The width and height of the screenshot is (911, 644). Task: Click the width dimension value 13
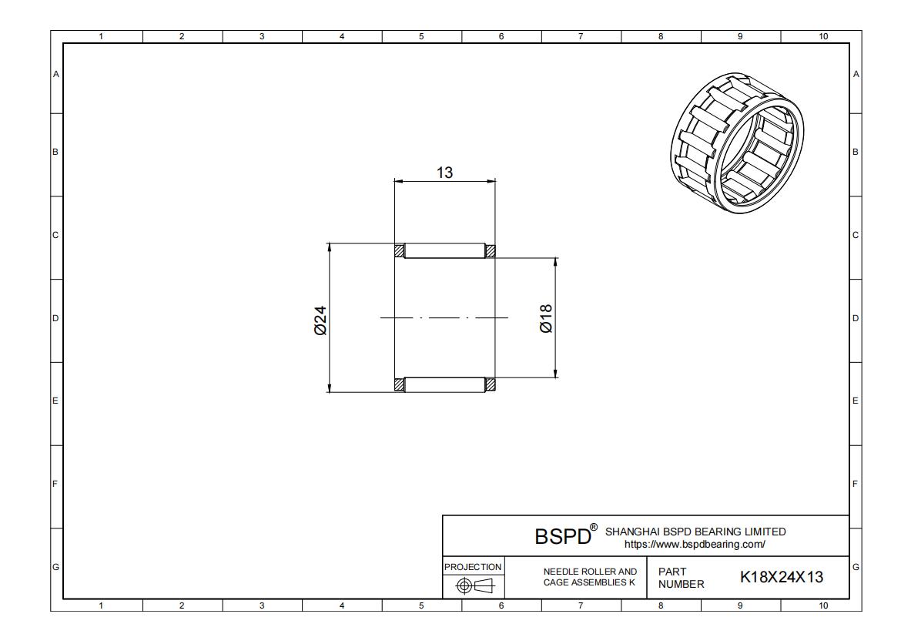[x=444, y=173]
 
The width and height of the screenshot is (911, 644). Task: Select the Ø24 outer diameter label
[x=320, y=320]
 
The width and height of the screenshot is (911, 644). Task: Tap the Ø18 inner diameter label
[x=546, y=318]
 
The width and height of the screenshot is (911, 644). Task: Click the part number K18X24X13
[x=782, y=577]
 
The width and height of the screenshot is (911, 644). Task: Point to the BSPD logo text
[x=562, y=536]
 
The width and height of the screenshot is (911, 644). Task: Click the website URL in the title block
[x=695, y=545]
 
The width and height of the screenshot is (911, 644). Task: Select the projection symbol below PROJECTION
[x=474, y=586]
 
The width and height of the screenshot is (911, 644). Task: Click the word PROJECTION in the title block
[x=473, y=567]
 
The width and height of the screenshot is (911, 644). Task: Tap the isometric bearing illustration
[x=738, y=143]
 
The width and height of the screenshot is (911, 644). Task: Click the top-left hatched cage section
[x=399, y=250]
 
